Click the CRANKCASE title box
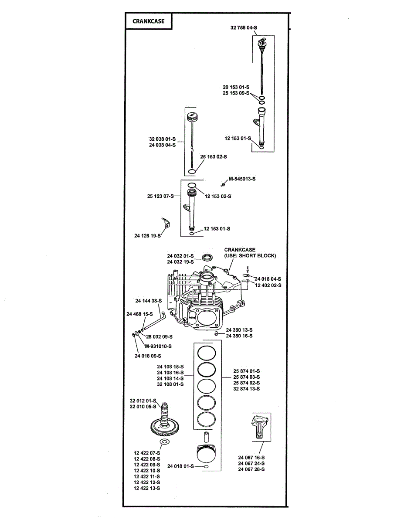pos(149,21)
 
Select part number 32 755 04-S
pos(244,28)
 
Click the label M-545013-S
pos(242,179)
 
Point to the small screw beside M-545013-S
pos(223,185)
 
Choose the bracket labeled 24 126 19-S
pos(166,222)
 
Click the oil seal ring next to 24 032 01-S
pos(207,257)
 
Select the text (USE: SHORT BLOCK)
pos(250,255)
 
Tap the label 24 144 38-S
pos(149,301)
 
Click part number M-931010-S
pos(158,346)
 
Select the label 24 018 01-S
pos(180,466)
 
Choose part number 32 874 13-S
pos(246,389)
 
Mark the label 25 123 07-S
pos(160,196)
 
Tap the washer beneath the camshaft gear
pos(164,441)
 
